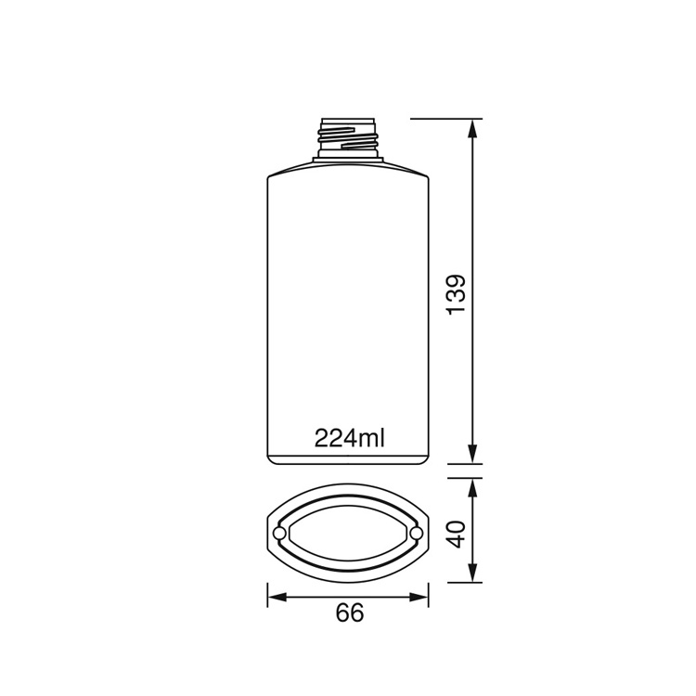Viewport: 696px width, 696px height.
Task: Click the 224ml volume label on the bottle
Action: [349, 437]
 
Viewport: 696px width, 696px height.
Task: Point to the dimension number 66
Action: [349, 612]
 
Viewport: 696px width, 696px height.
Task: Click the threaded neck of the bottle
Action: [348, 137]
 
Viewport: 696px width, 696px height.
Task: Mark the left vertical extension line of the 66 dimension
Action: [267, 594]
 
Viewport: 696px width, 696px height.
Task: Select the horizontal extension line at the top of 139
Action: [445, 119]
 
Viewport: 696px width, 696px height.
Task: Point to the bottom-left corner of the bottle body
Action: [270, 459]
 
